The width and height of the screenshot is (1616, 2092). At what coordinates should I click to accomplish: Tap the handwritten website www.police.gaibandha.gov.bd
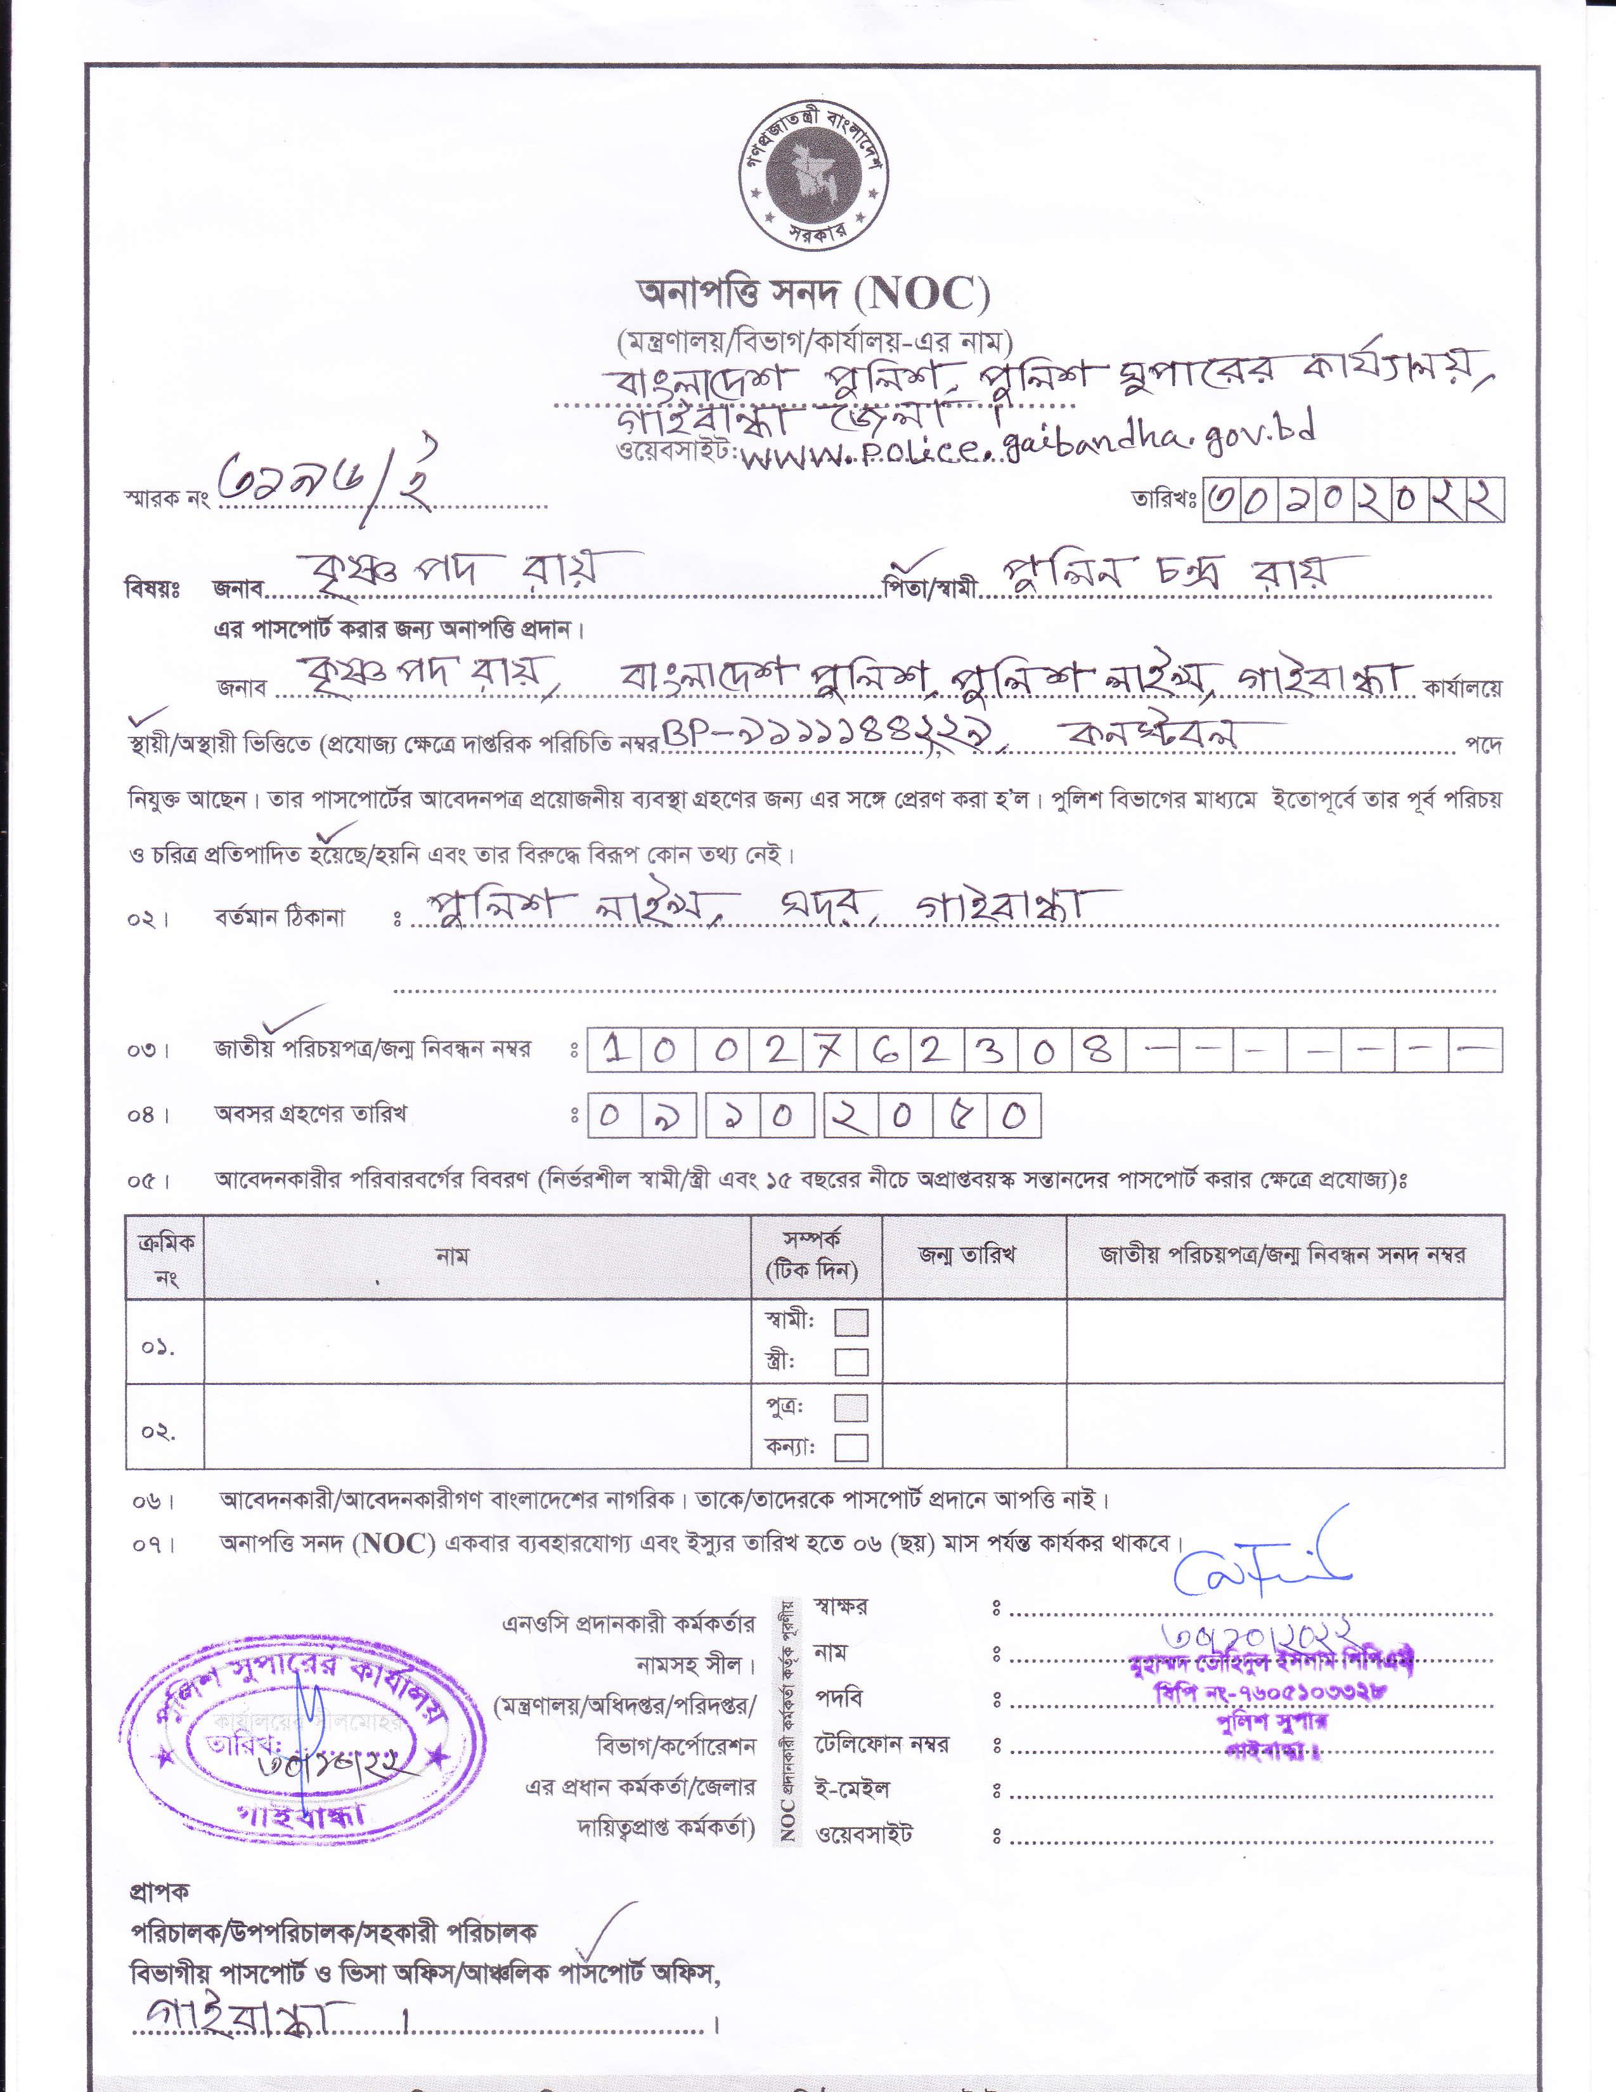(x=1025, y=447)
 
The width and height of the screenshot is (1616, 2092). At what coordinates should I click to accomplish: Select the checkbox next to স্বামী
(x=851, y=1323)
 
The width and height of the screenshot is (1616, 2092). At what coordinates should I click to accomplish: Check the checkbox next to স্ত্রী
(x=851, y=1361)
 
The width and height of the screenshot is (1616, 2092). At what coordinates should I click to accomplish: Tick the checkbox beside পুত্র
(x=851, y=1407)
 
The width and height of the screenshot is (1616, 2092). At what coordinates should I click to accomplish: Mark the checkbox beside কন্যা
(x=851, y=1446)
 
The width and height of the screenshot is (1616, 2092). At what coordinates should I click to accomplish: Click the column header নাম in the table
(x=452, y=1256)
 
